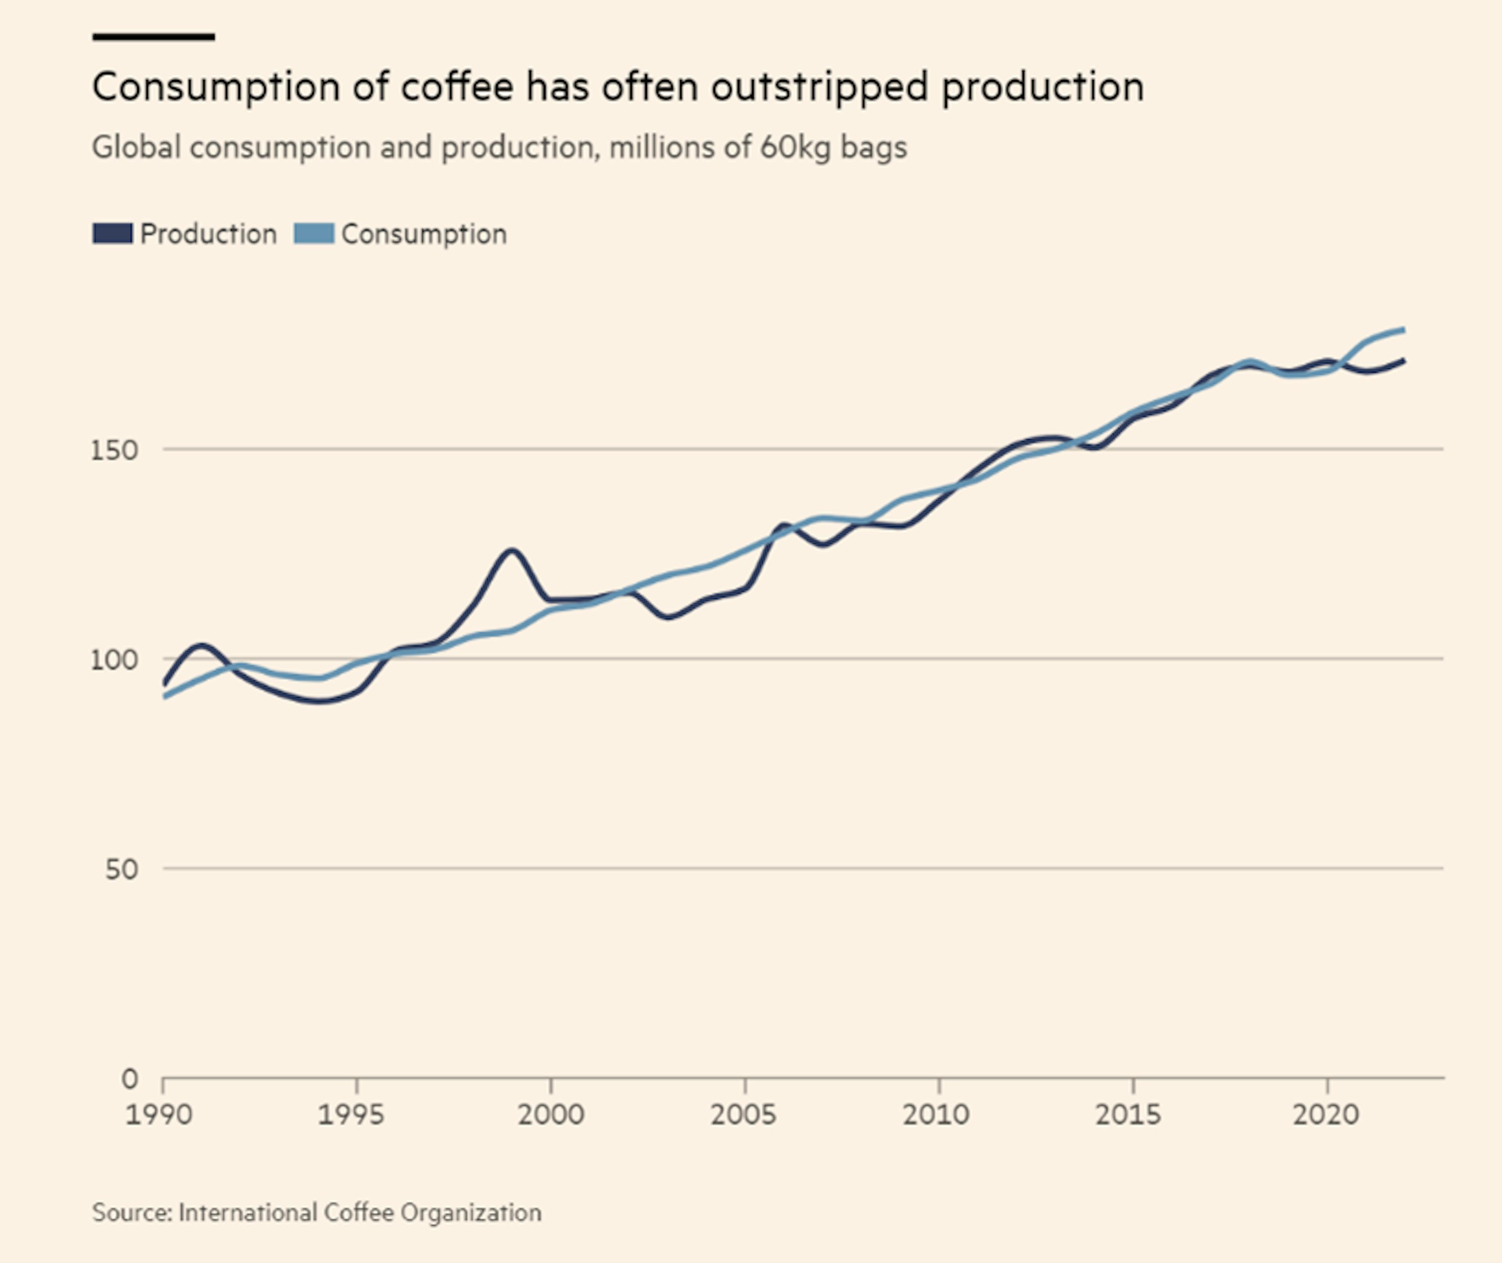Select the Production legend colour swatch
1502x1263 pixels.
point(112,234)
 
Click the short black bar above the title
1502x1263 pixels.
point(153,36)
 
